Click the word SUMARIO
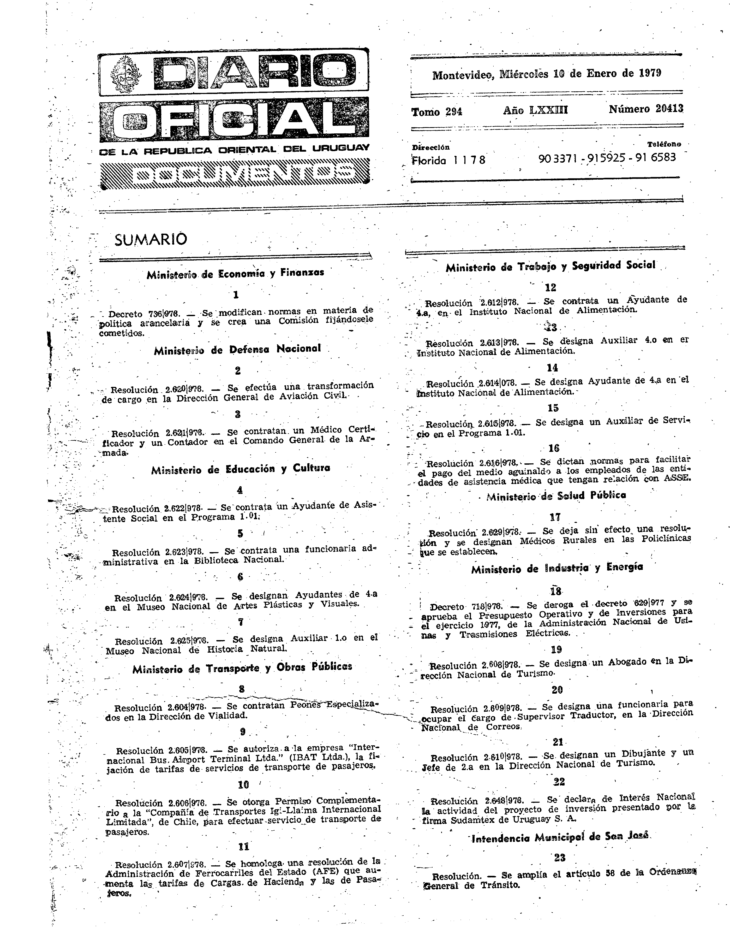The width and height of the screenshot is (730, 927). (x=151, y=239)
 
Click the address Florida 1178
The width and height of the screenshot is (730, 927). (x=448, y=160)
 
